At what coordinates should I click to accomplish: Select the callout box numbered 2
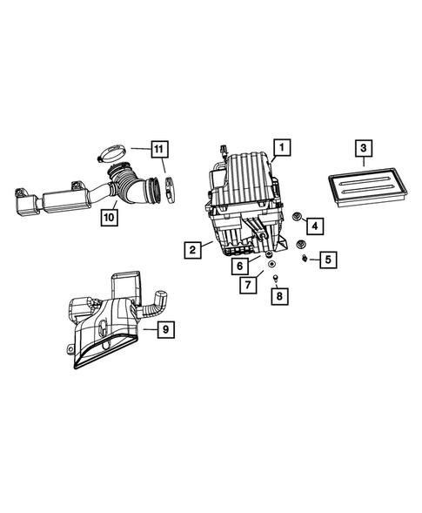coord(192,250)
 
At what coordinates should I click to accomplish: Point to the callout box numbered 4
coord(314,226)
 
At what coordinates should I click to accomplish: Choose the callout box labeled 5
coord(327,259)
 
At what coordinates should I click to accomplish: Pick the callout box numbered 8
coord(278,297)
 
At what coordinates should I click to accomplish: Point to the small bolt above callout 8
coord(275,278)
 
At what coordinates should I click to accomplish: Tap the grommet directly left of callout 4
coord(297,216)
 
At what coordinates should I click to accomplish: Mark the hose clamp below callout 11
coord(170,184)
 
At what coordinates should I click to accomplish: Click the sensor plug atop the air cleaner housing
coord(224,151)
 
